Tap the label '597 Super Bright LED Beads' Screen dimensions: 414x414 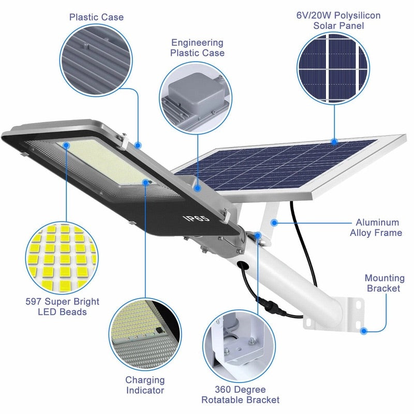tap(62, 307)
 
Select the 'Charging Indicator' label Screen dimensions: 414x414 tap(145, 385)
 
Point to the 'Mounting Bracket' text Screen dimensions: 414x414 tap(383, 283)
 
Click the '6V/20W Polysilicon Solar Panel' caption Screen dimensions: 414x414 tap(338, 20)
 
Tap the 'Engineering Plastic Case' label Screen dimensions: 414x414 tap(197, 48)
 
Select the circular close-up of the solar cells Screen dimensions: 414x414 tap(334, 69)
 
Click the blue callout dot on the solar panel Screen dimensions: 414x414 tap(334, 141)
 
